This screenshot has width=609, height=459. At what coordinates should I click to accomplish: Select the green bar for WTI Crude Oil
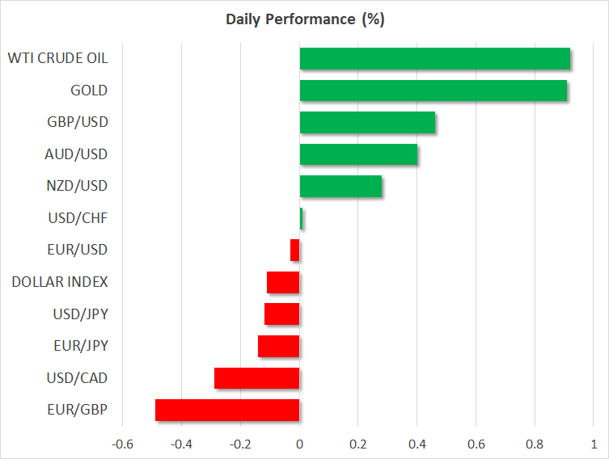(x=434, y=59)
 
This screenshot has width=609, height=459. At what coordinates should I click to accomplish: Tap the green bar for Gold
(x=433, y=91)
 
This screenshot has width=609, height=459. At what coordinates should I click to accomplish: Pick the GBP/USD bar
(x=367, y=123)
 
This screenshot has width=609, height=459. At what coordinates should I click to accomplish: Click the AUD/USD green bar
(x=358, y=154)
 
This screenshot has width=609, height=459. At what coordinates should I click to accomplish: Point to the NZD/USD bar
(x=340, y=187)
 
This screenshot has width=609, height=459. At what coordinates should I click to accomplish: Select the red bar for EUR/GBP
(x=227, y=410)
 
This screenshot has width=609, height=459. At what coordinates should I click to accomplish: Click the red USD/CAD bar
(x=257, y=378)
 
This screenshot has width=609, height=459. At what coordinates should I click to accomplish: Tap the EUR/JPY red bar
(x=279, y=346)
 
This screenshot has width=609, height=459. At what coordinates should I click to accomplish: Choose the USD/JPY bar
(x=282, y=314)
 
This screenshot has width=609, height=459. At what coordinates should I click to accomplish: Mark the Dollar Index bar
(x=283, y=282)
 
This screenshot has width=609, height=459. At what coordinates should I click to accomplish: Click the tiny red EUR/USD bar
(x=295, y=251)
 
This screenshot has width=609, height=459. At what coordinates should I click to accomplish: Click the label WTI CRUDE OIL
(x=57, y=59)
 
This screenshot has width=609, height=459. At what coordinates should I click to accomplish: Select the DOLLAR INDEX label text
(x=60, y=282)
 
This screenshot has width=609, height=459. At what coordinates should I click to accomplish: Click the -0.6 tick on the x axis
(x=123, y=444)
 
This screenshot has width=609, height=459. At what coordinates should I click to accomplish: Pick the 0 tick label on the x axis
(x=299, y=444)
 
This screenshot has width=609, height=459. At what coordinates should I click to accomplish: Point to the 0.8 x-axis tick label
(x=535, y=444)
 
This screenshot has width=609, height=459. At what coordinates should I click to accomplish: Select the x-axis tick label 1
(x=594, y=444)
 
